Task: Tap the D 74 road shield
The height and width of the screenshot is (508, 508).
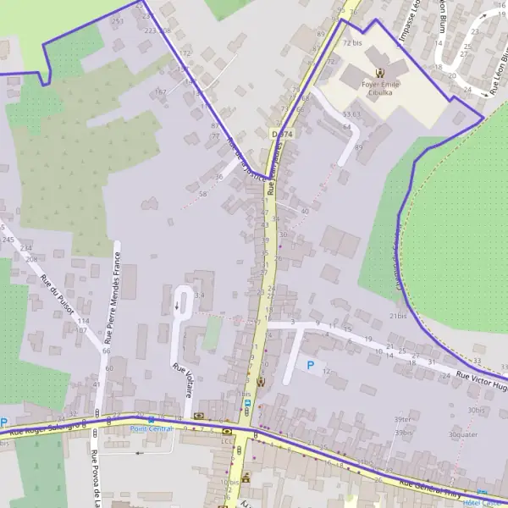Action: click(x=283, y=135)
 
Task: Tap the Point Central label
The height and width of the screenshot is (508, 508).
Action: click(x=152, y=428)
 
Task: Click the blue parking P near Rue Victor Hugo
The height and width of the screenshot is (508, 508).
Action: click(x=311, y=366)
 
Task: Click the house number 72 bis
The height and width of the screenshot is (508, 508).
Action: click(x=352, y=41)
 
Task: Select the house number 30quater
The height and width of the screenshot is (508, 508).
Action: click(x=463, y=434)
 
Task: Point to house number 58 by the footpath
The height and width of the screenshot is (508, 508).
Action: click(x=202, y=195)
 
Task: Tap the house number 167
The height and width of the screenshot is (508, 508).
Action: click(x=160, y=91)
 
